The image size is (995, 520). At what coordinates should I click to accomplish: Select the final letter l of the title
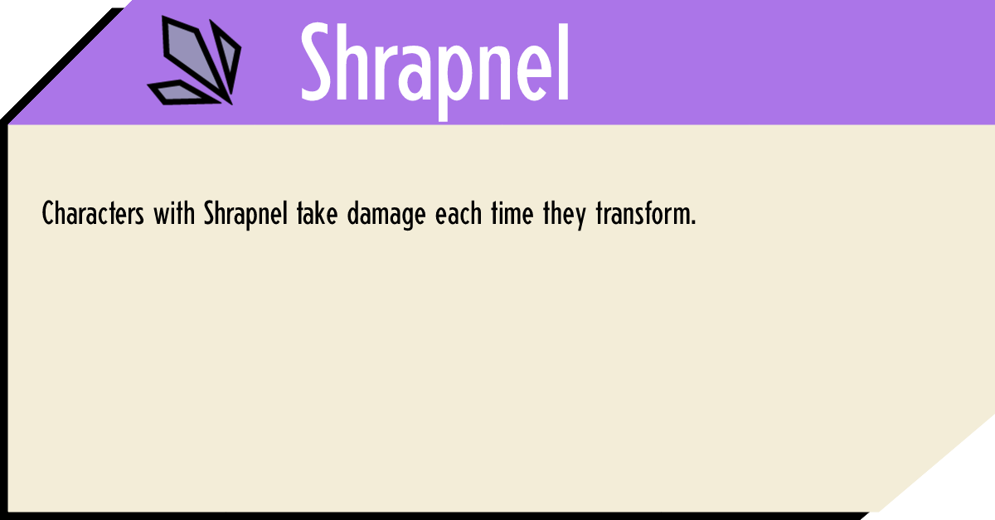click(x=563, y=60)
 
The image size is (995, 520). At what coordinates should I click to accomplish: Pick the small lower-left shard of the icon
click(x=177, y=91)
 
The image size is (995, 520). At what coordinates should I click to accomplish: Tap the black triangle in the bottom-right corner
click(x=962, y=489)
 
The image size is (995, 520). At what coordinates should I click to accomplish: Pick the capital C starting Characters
click(x=48, y=215)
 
